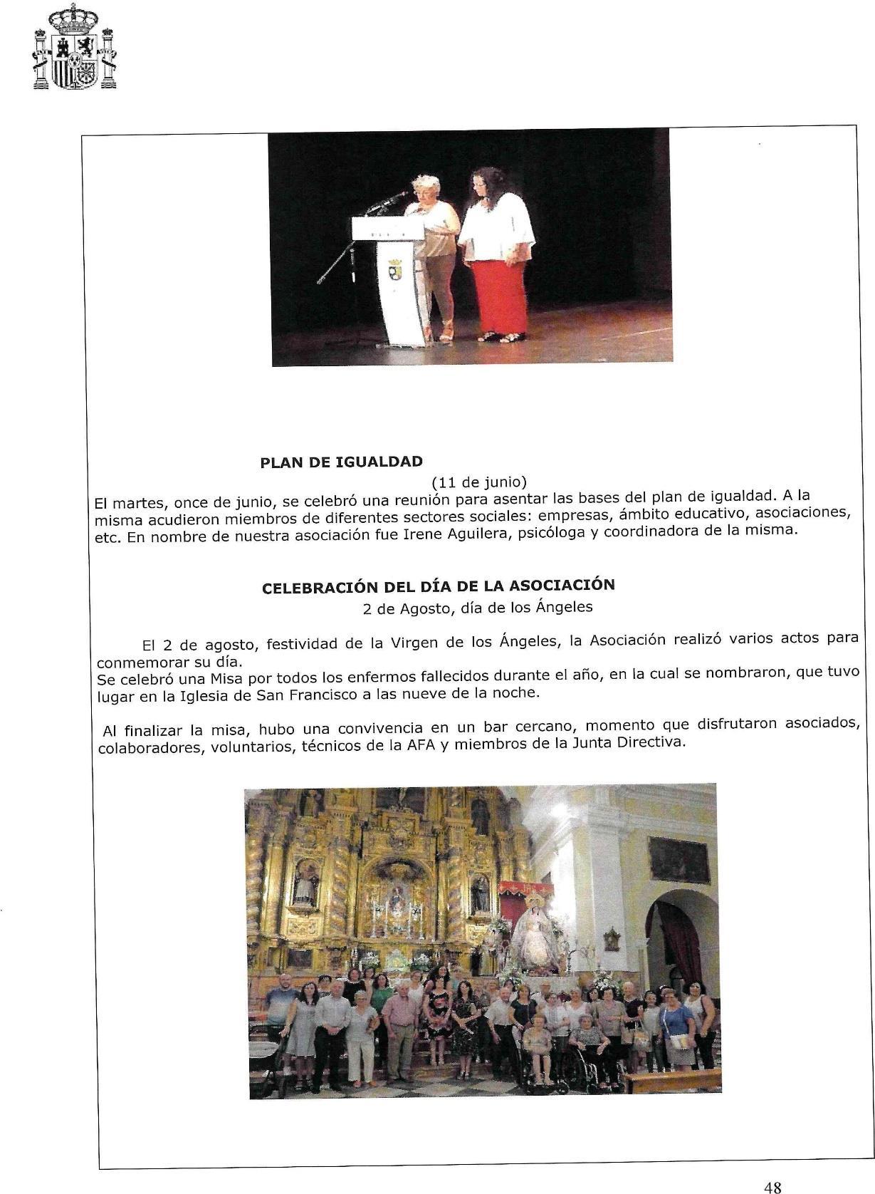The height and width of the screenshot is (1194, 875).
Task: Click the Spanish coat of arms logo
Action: pos(74,47)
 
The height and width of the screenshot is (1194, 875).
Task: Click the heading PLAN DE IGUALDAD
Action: pos(342,462)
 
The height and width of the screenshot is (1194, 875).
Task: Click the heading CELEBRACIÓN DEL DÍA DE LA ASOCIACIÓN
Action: pos(439,586)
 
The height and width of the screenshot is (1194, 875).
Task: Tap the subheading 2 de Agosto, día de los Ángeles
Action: pos(477,608)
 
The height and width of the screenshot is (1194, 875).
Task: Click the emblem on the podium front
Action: pos(394,270)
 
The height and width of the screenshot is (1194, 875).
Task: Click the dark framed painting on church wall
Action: pos(678,859)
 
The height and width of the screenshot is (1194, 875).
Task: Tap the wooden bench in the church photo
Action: pos(672,1079)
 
